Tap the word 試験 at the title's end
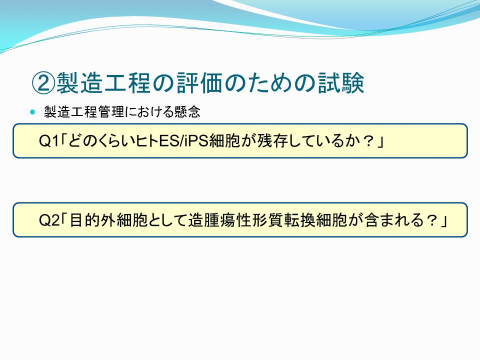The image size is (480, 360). click(341, 83)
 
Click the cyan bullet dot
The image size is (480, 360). click(33, 111)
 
